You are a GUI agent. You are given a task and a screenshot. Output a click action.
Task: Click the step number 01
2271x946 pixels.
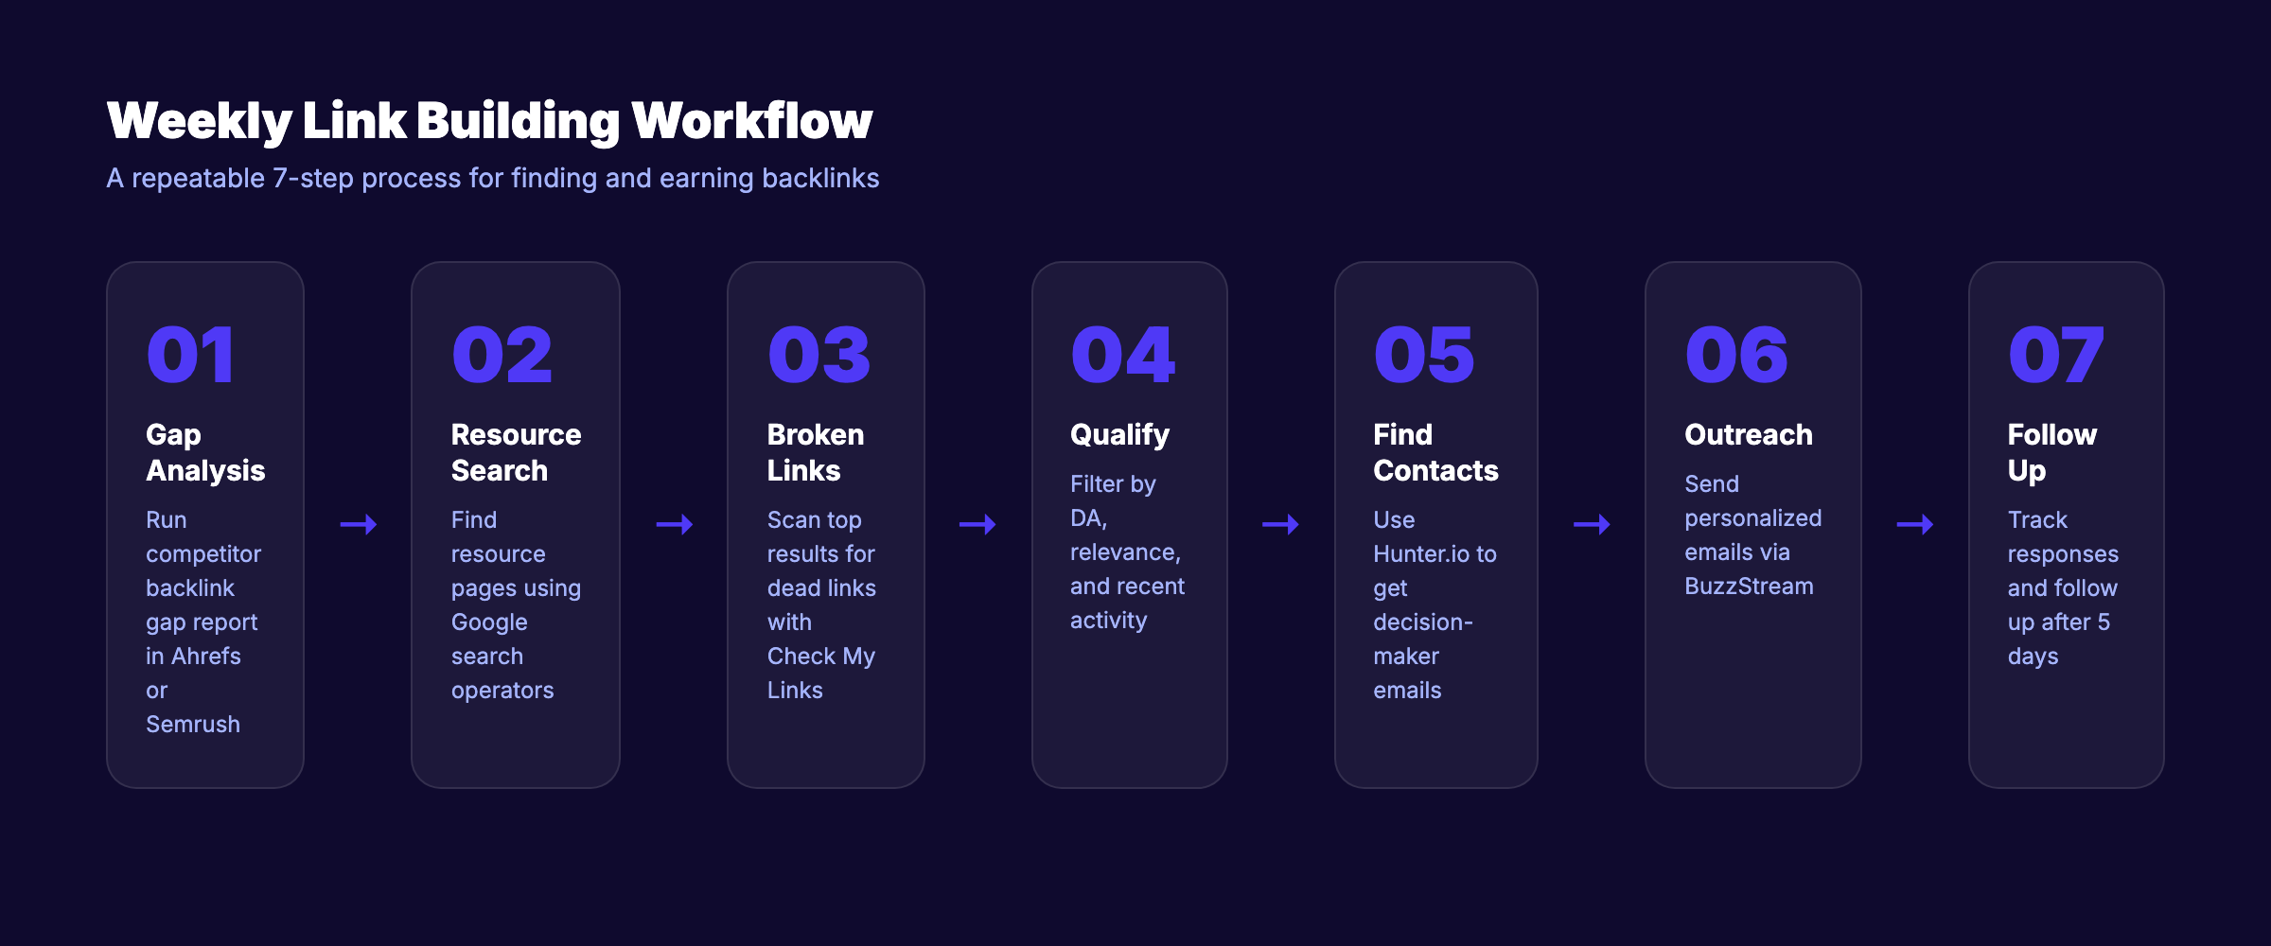[x=190, y=355]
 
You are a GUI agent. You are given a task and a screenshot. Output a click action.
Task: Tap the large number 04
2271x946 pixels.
[x=1122, y=355]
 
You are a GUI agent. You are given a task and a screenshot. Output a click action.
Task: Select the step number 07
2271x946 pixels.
[x=2055, y=355]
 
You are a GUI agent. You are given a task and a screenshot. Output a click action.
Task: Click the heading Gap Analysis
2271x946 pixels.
[x=205, y=452]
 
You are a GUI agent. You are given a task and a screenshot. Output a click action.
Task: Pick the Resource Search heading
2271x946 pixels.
[x=516, y=452]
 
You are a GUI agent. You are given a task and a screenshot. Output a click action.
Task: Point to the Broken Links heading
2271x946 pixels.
[x=815, y=452]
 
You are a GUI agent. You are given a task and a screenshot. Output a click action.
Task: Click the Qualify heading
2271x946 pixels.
[x=1119, y=435]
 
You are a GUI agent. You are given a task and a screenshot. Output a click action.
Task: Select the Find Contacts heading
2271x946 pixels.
[x=1435, y=452]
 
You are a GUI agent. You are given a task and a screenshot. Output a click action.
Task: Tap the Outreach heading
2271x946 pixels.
[x=1748, y=435]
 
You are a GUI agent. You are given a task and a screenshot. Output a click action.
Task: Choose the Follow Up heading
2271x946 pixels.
[x=2051, y=452]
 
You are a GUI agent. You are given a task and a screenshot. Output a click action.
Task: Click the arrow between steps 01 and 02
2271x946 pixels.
[x=359, y=524]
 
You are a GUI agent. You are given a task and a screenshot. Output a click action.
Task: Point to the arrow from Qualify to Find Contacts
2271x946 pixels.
[x=1280, y=524]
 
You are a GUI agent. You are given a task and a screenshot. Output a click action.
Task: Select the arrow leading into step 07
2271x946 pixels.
[x=1915, y=524]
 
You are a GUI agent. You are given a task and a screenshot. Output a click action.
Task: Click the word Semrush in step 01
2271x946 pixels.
[x=193, y=725]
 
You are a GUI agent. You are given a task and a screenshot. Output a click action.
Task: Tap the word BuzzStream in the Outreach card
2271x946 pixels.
[x=1749, y=587]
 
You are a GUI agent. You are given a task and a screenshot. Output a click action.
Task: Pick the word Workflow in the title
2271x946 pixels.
[x=751, y=121]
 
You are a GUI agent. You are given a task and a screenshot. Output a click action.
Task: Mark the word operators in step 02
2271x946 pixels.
[x=502, y=691]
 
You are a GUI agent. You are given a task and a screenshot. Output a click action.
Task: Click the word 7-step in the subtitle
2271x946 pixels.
[x=313, y=179]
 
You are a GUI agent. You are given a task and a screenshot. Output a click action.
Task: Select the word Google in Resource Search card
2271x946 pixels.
[x=489, y=622]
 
